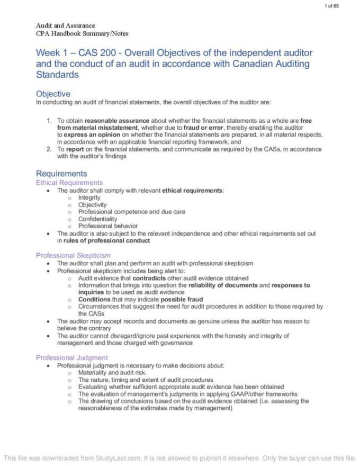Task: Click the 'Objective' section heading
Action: (53, 94)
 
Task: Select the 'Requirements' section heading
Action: (61, 174)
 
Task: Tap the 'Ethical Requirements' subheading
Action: (69, 183)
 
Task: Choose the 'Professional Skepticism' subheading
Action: (74, 255)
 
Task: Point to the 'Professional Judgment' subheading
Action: (72, 357)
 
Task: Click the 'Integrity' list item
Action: (90, 198)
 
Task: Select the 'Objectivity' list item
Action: (92, 204)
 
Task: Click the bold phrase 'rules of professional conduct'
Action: (106, 240)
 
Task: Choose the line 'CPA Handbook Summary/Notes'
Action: (82, 33)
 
